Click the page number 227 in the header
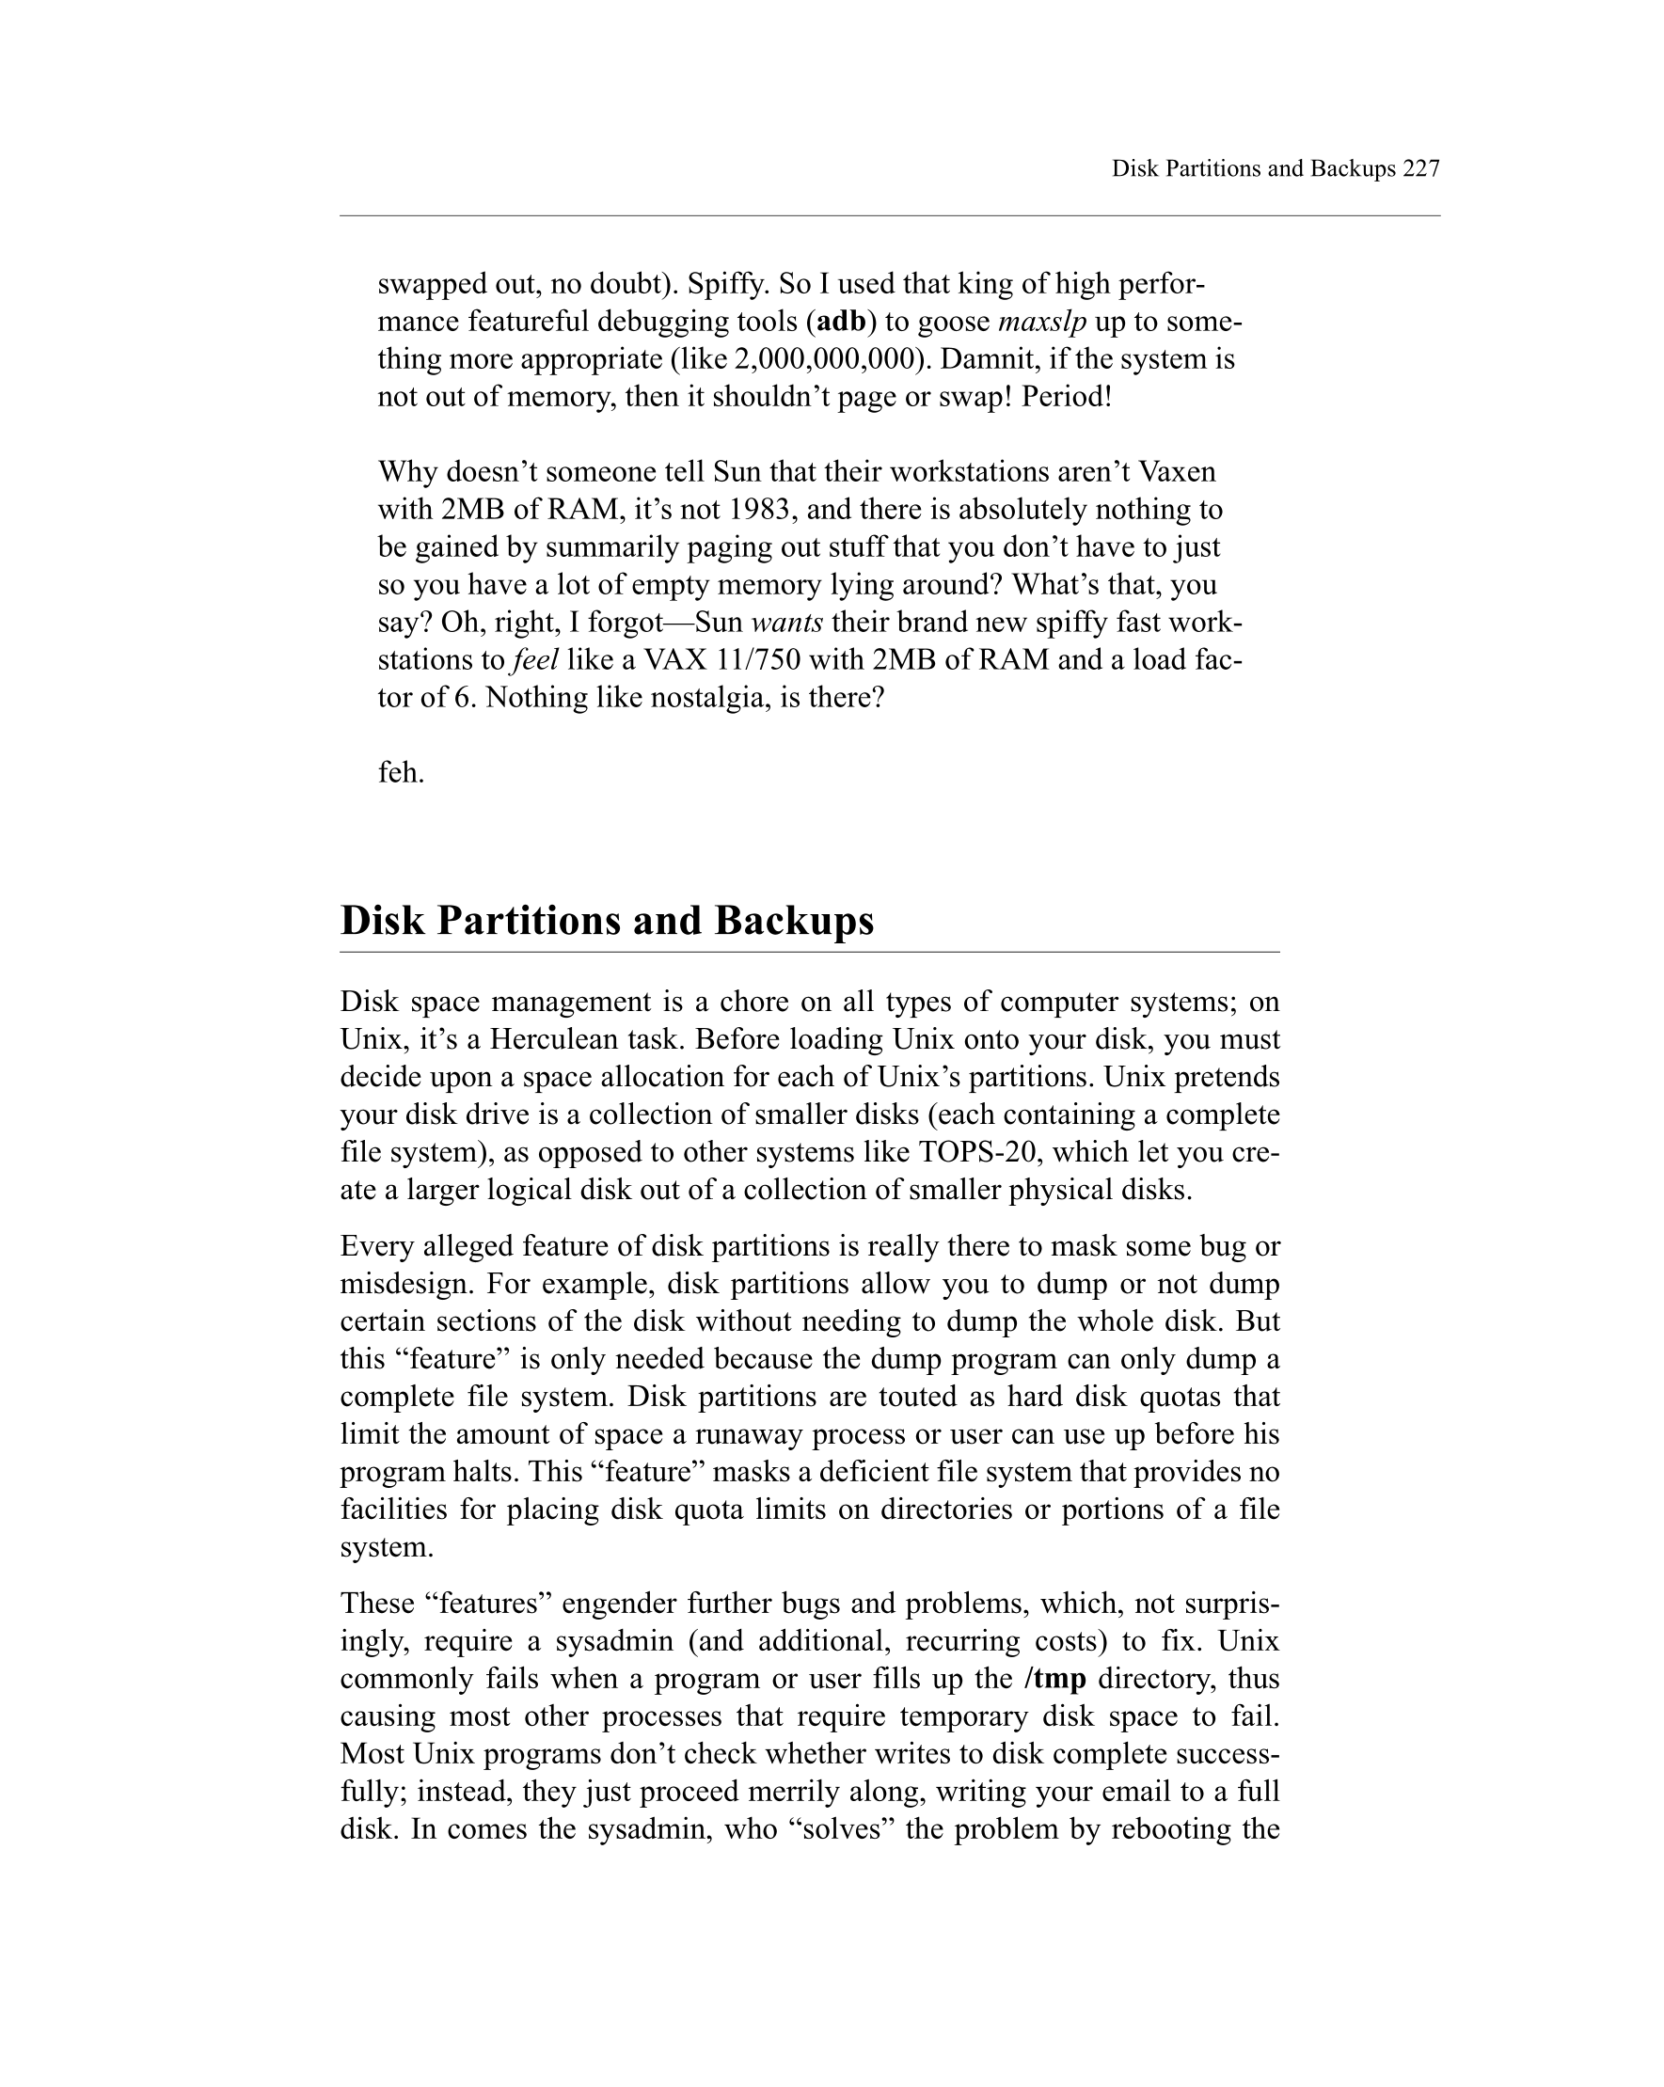[1420, 168]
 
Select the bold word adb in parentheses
[840, 322]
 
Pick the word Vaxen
[1176, 471]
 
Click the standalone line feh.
[401, 772]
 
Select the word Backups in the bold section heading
[794, 920]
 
